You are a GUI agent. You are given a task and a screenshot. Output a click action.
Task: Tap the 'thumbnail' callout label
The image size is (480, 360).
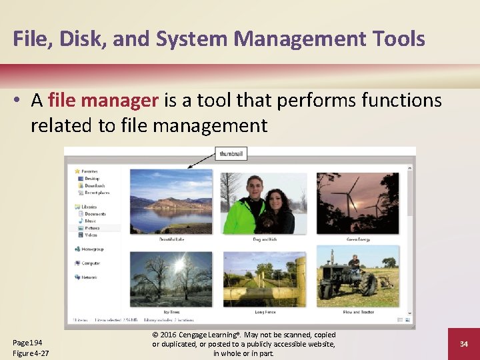coord(231,154)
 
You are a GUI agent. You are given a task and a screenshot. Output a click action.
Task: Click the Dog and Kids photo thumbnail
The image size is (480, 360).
coord(265,203)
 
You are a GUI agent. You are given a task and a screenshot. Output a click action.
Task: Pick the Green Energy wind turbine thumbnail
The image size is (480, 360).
coord(358,203)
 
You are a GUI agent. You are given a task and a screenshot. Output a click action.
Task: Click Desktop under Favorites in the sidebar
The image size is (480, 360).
coord(92,179)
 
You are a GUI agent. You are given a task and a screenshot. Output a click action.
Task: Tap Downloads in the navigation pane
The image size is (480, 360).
coord(95,186)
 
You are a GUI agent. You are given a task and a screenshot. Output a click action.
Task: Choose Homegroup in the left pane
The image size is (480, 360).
coord(93,249)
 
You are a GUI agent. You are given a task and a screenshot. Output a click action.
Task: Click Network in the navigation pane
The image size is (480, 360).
coord(90,277)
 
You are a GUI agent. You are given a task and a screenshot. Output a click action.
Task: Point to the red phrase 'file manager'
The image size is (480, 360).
coord(103,101)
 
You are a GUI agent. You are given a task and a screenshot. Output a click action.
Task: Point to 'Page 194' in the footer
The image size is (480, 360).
coord(28,341)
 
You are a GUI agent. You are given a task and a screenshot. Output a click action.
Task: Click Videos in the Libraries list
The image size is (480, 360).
coord(91,235)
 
